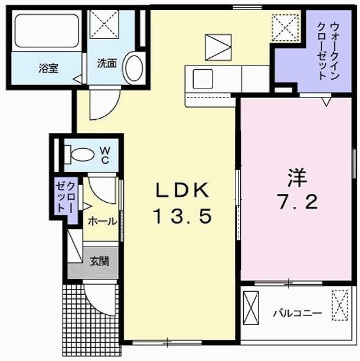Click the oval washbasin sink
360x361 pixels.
coord(134,69)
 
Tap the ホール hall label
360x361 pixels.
coord(102,222)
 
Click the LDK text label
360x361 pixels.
coord(182,190)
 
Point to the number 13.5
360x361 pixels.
coord(182,217)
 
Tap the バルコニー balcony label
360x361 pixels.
coord(297,313)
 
